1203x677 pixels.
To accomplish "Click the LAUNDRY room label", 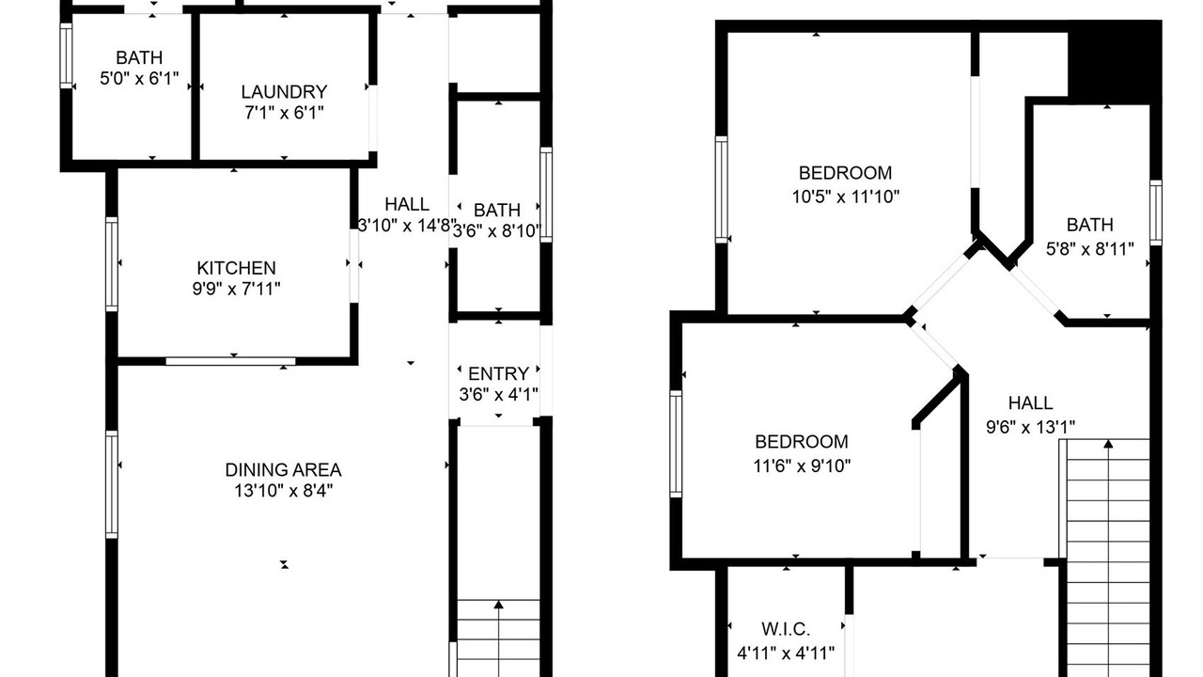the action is pyautogui.click(x=284, y=92).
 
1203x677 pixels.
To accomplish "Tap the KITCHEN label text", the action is pyautogui.click(x=236, y=268).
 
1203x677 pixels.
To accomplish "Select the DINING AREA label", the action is pyautogui.click(x=284, y=469).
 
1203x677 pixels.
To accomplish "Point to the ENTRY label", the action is pyautogui.click(x=498, y=373).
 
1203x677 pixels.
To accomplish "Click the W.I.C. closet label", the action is pyautogui.click(x=786, y=629).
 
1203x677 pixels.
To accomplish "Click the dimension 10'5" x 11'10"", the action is pyautogui.click(x=845, y=197).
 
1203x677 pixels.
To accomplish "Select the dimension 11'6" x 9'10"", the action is pyautogui.click(x=802, y=465).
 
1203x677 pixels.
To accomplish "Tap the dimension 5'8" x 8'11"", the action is pyautogui.click(x=1089, y=249).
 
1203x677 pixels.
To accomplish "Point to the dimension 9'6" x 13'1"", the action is pyautogui.click(x=1031, y=427).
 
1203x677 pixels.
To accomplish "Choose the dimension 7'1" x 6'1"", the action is pyautogui.click(x=284, y=113).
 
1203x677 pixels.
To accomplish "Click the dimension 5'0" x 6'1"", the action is pyautogui.click(x=139, y=78).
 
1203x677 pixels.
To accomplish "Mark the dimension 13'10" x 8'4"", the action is pyautogui.click(x=284, y=491).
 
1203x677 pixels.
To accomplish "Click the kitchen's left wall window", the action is pyautogui.click(x=112, y=264).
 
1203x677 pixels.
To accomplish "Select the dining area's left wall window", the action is pyautogui.click(x=112, y=484).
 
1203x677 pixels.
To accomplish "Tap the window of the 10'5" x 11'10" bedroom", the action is pyautogui.click(x=722, y=190).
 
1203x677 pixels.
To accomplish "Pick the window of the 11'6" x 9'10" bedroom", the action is pyautogui.click(x=676, y=444).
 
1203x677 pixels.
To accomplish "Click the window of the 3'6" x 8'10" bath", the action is pyautogui.click(x=546, y=195).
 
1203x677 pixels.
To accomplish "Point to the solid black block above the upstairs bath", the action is pyautogui.click(x=1115, y=62).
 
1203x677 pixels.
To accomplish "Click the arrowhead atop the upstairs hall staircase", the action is pyautogui.click(x=1108, y=444).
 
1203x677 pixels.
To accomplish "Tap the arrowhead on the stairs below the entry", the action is pyautogui.click(x=499, y=605).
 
